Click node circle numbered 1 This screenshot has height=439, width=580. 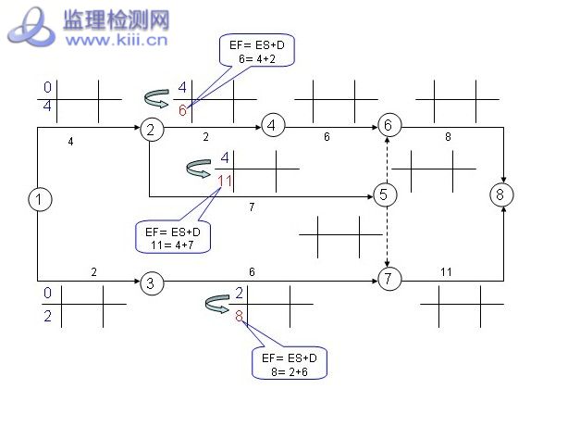38,198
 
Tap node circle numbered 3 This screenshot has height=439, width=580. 151,282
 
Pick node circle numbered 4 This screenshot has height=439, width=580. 272,125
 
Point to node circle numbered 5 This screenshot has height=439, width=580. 386,194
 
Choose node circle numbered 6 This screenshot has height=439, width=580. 389,125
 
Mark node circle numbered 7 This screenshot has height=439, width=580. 389,278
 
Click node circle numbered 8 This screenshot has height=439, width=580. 500,194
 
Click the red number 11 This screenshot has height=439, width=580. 225,179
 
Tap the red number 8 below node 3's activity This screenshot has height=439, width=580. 239,317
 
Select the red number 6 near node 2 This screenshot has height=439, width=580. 182,110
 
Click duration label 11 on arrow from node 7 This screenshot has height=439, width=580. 446,271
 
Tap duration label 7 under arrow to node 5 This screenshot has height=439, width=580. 252,207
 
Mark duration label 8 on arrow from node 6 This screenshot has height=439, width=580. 448,137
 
